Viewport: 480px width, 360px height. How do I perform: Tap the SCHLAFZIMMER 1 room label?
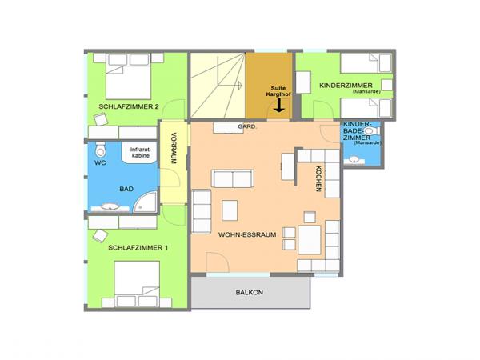point(138,248)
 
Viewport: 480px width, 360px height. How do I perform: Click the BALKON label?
point(250,293)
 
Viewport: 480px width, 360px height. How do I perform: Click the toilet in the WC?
point(100,152)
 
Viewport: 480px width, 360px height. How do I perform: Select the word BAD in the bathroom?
point(126,190)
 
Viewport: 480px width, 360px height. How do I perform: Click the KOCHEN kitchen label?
point(318,178)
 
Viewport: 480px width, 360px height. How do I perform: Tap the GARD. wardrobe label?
point(246,127)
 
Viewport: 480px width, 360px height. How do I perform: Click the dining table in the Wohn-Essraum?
point(309,238)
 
